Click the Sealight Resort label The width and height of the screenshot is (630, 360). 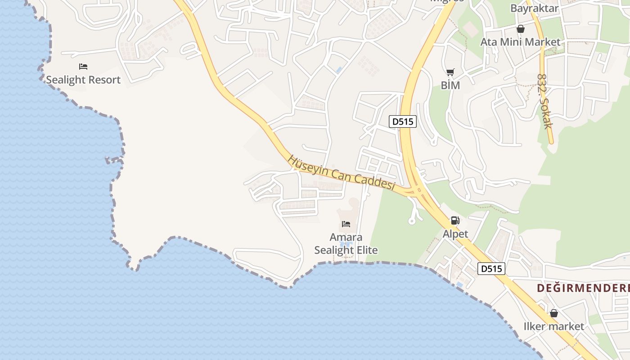(83, 80)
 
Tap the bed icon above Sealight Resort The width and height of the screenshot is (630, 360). (83, 67)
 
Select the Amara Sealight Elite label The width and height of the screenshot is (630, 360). (346, 244)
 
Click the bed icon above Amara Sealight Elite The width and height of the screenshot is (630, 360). (346, 224)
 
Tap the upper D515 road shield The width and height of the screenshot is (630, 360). (403, 121)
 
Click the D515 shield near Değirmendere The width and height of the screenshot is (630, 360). (491, 269)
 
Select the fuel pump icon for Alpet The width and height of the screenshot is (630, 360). (455, 220)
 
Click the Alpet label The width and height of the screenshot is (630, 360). (455, 234)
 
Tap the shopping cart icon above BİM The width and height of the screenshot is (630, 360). (450, 72)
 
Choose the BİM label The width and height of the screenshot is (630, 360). (450, 85)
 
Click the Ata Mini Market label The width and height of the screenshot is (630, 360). (520, 42)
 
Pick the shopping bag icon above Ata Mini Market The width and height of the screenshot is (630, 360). (521, 29)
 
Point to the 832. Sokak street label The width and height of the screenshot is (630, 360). (544, 101)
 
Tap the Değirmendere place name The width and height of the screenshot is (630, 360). (583, 288)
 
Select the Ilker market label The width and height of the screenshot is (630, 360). (553, 326)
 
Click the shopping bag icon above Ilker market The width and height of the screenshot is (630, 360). (554, 313)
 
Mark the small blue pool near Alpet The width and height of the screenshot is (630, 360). (459, 285)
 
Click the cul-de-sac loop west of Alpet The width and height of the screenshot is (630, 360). (412, 220)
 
